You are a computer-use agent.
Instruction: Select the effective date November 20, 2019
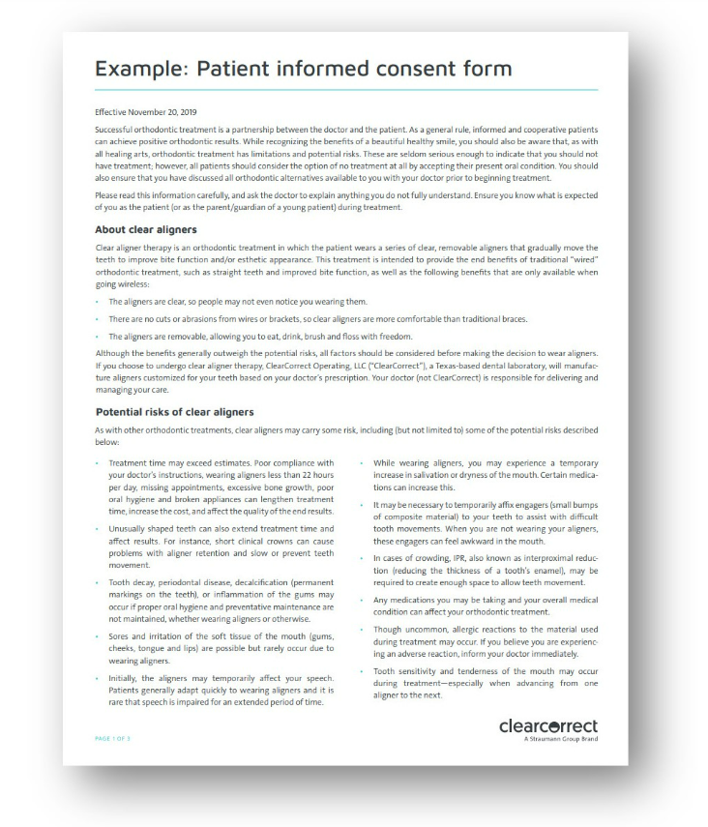[x=145, y=112]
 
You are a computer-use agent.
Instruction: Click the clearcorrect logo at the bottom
[x=547, y=725]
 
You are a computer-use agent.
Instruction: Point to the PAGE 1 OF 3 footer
[x=115, y=740]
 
